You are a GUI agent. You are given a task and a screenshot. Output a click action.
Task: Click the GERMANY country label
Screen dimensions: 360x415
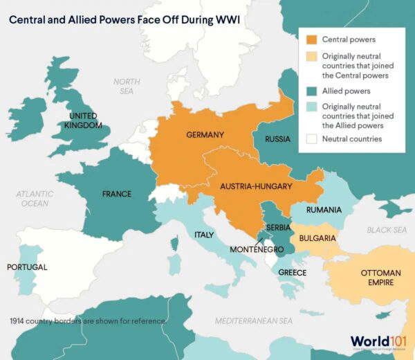click(205, 134)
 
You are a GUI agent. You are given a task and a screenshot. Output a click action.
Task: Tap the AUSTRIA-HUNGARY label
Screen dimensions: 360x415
click(256, 186)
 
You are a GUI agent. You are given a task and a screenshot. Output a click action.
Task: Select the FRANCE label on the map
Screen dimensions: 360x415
click(116, 195)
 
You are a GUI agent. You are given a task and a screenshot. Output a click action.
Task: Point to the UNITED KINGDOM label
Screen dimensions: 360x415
click(83, 120)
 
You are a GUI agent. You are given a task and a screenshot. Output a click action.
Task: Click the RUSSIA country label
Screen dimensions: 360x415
click(277, 139)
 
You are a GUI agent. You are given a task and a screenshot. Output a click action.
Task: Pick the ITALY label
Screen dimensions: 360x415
click(203, 235)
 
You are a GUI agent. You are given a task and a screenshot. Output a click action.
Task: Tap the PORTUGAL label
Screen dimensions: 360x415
click(27, 267)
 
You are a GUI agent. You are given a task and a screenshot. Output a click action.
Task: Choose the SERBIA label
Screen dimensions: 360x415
click(279, 227)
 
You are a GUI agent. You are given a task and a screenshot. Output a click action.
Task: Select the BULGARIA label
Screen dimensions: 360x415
click(317, 239)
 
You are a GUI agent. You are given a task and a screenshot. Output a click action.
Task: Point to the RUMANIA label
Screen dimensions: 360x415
click(324, 210)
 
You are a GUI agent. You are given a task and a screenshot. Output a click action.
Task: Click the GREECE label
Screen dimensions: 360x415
click(292, 273)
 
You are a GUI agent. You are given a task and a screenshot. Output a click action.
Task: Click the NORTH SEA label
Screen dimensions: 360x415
click(127, 86)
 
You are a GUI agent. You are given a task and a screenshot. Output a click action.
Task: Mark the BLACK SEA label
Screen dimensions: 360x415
click(387, 230)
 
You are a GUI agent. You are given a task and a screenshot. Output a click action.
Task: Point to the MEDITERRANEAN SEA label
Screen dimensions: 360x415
click(254, 321)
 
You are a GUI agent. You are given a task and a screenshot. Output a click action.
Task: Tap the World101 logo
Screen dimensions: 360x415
click(378, 341)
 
